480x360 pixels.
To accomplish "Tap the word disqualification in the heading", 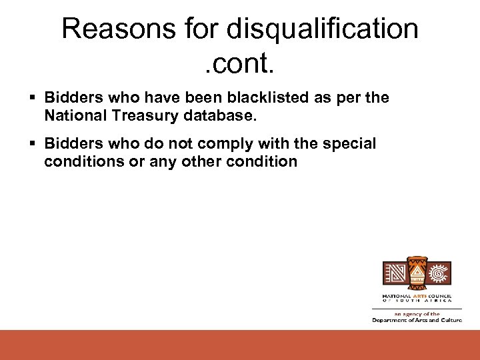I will click(x=323, y=29).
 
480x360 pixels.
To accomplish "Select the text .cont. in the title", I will click(x=239, y=65).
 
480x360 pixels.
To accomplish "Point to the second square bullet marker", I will click(x=34, y=144).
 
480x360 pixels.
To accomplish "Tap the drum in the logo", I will click(x=417, y=273).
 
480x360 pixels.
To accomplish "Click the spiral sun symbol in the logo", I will click(x=440, y=274).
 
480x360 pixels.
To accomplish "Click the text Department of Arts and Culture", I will click(x=417, y=320).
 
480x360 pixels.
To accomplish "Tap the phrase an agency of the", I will click(x=417, y=313).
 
